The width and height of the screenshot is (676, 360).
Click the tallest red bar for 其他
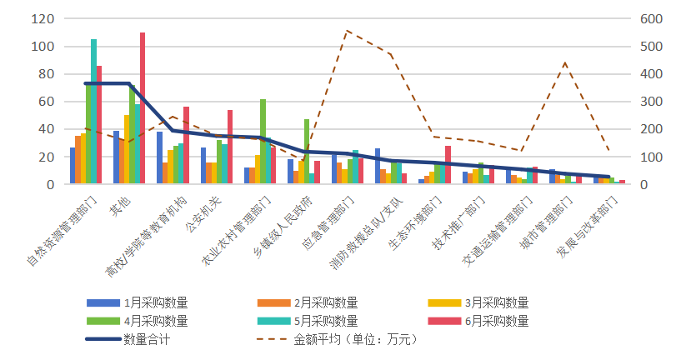(x=143, y=108)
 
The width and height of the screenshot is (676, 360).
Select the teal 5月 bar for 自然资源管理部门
(x=93, y=112)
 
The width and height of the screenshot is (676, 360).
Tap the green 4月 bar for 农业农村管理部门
(x=263, y=142)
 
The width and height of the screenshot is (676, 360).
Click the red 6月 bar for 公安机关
(x=230, y=147)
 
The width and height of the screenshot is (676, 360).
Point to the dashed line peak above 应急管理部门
(x=347, y=31)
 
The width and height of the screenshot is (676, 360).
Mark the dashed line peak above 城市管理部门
(x=565, y=62)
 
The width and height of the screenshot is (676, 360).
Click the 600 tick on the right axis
(x=649, y=19)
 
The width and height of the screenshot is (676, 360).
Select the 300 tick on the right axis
(x=649, y=102)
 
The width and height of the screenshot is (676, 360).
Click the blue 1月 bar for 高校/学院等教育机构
(x=159, y=158)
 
